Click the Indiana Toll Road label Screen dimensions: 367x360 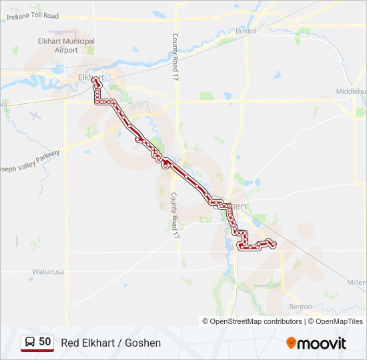[x=33, y=16]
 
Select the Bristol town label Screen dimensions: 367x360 [x=246, y=31]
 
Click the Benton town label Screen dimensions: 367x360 [x=301, y=307]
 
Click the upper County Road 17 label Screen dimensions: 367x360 [x=176, y=58]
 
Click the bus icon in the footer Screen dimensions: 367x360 [x=29, y=343]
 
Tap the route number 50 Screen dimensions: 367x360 [x=45, y=342]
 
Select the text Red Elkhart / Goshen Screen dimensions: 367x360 [x=111, y=343]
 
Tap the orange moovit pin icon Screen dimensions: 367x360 [x=292, y=343]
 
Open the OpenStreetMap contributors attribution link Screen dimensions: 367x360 [x=256, y=321]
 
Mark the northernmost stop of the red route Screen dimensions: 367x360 [x=94, y=80]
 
